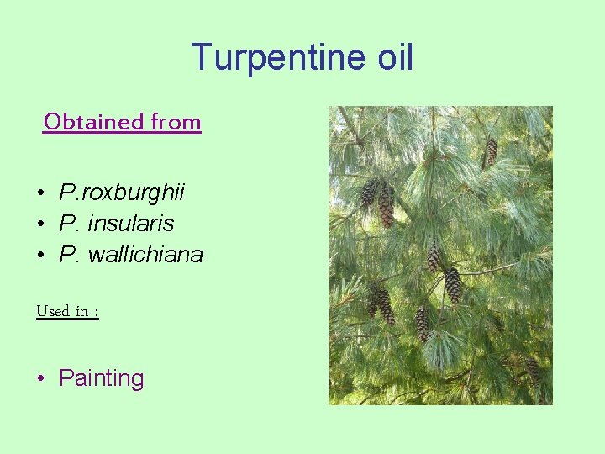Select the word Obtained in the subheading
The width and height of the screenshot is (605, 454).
(93, 122)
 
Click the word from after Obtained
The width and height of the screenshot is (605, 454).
(176, 122)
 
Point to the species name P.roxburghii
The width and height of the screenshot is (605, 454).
(123, 193)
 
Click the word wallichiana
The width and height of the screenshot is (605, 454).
(150, 254)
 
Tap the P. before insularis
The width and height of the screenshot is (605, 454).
(69, 224)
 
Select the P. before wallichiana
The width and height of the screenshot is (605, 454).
(69, 254)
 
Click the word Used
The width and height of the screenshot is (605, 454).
(52, 311)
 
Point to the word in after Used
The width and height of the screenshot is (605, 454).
(82, 311)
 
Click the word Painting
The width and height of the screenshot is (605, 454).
(102, 378)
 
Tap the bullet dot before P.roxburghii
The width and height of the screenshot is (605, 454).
(40, 194)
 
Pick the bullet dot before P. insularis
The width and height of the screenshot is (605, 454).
(40, 224)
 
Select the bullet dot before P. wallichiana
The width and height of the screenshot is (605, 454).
(40, 255)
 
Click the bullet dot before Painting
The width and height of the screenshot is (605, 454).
(40, 379)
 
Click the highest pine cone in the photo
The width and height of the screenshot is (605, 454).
(492, 151)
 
